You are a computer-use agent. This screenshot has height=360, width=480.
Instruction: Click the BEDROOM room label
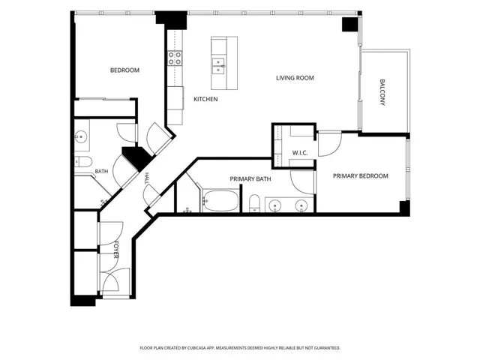[124, 70]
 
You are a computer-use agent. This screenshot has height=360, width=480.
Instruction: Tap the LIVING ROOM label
[295, 78]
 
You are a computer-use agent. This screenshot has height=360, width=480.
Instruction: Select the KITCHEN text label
[205, 99]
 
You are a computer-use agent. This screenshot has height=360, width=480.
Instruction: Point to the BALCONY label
[382, 92]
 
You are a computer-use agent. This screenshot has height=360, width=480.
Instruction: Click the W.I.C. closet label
[300, 153]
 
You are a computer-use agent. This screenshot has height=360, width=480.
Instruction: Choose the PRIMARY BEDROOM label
[360, 176]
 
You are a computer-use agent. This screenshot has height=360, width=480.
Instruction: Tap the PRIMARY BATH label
[250, 179]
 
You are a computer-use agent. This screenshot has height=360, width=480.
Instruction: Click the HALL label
[147, 178]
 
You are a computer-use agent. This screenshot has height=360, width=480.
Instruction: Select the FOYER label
[116, 250]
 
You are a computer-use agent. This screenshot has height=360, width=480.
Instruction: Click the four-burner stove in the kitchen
[175, 58]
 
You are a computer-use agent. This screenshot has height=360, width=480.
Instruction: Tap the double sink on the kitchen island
[218, 66]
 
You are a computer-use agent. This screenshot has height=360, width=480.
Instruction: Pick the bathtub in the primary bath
[220, 201]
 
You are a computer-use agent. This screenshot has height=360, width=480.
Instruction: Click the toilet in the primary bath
[254, 203]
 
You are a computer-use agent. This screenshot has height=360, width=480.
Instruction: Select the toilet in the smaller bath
[83, 162]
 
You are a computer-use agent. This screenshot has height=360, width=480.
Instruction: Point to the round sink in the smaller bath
[81, 136]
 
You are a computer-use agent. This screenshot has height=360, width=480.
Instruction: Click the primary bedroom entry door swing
[330, 144]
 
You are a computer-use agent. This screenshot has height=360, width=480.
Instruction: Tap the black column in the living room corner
[350, 25]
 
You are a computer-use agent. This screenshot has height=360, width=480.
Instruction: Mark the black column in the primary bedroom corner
[404, 208]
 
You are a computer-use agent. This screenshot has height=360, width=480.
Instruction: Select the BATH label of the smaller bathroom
[101, 172]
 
